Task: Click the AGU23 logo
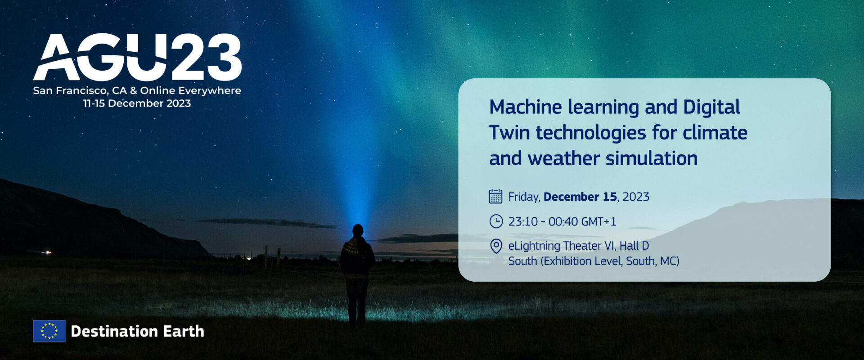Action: tap(137, 57)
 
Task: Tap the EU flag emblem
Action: tap(49, 331)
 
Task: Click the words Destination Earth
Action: tap(137, 331)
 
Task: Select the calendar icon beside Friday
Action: tap(495, 197)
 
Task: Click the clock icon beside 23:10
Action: tap(495, 221)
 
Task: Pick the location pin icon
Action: tap(495, 246)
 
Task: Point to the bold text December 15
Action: tap(580, 197)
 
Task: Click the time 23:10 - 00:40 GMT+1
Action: tap(562, 221)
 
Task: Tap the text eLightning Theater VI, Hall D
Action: tap(578, 246)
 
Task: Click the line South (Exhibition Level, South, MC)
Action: tap(594, 261)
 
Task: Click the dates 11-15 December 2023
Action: tap(137, 103)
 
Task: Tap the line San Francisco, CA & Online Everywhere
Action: tap(137, 90)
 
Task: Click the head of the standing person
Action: tap(358, 230)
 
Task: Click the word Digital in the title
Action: tap(711, 107)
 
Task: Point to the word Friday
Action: tap(524, 197)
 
